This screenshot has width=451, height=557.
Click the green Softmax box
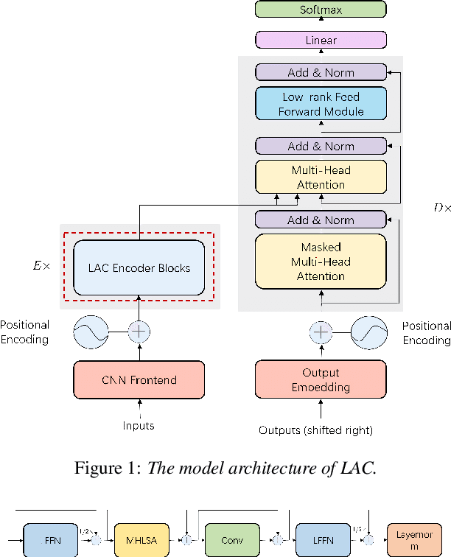coord(321,10)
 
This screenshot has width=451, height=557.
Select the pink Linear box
coord(321,41)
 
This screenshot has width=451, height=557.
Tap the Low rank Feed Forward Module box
coord(321,104)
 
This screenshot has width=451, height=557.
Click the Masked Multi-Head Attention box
coord(321,262)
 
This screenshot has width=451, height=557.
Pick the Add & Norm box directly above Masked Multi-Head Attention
coord(321,220)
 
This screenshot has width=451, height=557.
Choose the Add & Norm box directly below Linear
coord(321,72)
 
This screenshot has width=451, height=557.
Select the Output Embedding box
coord(321,380)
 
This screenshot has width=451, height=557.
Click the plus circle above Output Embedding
coord(321,332)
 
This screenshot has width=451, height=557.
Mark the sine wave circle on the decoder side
coord(368,332)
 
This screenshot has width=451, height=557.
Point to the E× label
coord(41,266)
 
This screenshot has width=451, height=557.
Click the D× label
coord(441,209)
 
